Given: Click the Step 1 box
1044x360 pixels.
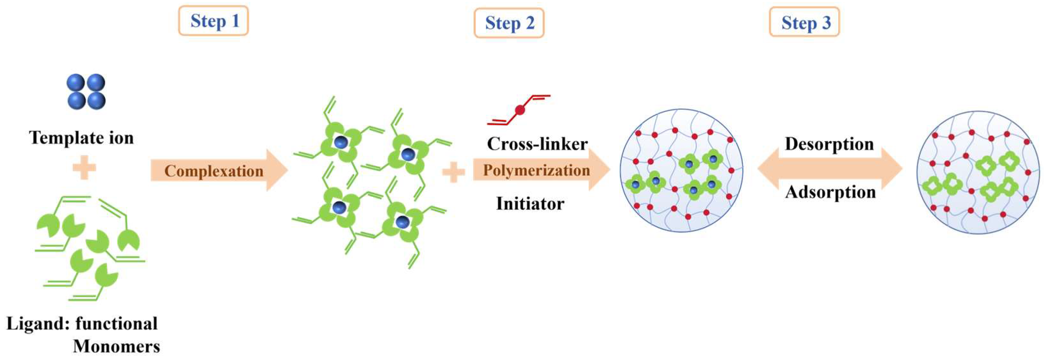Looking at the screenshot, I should click(x=214, y=21).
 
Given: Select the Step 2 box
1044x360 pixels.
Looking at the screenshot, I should click(x=509, y=23).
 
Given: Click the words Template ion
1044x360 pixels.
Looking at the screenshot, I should click(x=81, y=138).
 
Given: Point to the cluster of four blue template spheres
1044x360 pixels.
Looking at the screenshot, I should click(x=86, y=92).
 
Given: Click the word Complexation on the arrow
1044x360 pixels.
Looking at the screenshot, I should click(x=214, y=171).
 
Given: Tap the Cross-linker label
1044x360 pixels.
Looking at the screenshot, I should click(x=537, y=143).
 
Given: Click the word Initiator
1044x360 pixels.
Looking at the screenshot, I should click(x=530, y=203).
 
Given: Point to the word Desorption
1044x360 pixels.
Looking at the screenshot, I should click(x=829, y=144).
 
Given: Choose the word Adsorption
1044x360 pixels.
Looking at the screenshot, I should click(x=830, y=192).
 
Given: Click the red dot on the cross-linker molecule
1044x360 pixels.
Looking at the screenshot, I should click(x=520, y=110).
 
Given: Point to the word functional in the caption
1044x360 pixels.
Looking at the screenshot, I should click(x=116, y=323).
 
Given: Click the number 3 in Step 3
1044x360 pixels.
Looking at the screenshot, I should click(x=826, y=23).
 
